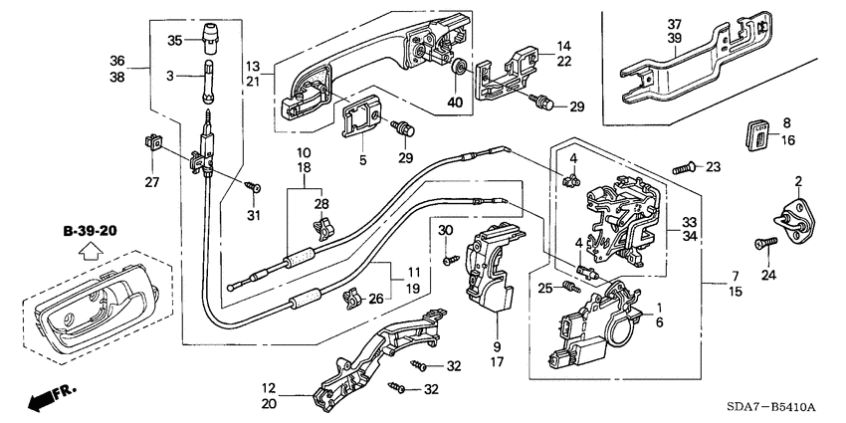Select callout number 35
175,42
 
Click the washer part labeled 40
460,70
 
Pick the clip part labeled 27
152,142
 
